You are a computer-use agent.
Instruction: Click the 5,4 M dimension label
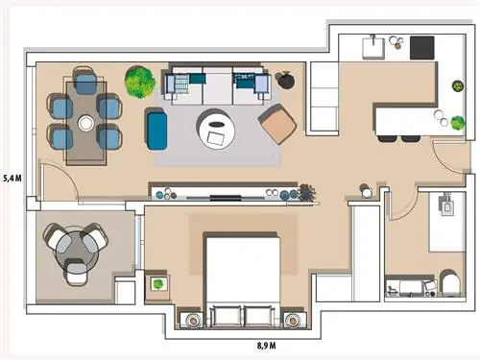(x=12, y=179)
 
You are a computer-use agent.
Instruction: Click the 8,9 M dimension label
(x=266, y=346)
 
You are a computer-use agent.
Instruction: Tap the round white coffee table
(x=216, y=129)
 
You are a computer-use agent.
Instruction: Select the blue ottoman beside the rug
(x=156, y=129)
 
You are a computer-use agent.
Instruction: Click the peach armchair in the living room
(x=277, y=124)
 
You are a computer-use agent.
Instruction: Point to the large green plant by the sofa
(x=140, y=82)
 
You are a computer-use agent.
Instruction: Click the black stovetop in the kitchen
(x=422, y=48)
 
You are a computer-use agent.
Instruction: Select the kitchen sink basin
(x=373, y=48)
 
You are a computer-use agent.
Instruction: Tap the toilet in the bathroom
(x=449, y=281)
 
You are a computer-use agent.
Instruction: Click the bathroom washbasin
(x=446, y=205)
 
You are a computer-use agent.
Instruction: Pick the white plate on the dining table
(x=85, y=123)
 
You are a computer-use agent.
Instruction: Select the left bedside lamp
(x=193, y=320)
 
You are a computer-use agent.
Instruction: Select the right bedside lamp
(x=292, y=320)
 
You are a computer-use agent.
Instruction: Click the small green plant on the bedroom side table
(x=157, y=284)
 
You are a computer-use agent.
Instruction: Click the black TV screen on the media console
(x=226, y=198)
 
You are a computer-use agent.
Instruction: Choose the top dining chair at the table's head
(x=85, y=81)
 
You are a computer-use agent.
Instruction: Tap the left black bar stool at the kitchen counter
(x=387, y=138)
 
